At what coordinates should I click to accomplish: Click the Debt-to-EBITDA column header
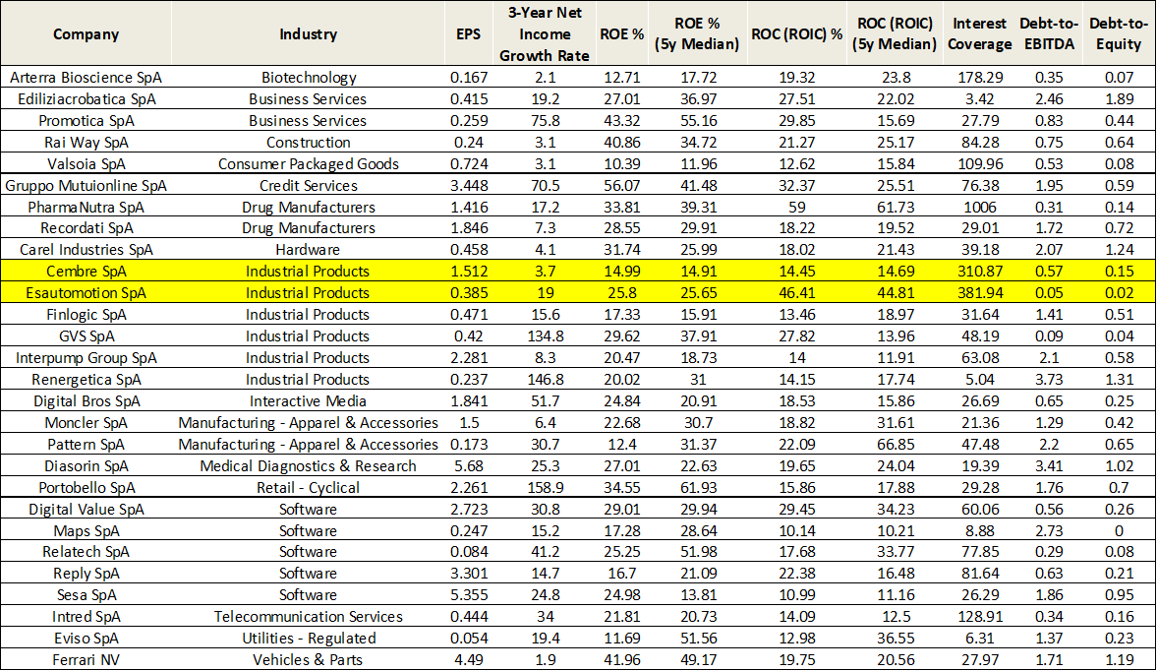(x=1050, y=34)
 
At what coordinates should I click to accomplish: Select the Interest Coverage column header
(x=980, y=34)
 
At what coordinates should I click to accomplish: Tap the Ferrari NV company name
(x=87, y=659)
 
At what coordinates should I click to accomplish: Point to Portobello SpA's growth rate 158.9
(x=545, y=487)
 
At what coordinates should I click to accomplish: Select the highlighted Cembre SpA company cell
(x=87, y=272)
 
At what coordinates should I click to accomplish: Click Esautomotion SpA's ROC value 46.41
(x=797, y=293)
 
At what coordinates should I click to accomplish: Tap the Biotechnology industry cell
(x=309, y=77)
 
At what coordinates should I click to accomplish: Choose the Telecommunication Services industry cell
(x=309, y=616)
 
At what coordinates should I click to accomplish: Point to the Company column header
(x=87, y=34)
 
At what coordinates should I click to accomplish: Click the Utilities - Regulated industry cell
(x=309, y=638)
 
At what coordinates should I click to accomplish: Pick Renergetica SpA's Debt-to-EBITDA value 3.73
(x=1050, y=379)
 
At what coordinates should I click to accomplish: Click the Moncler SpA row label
(x=87, y=422)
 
